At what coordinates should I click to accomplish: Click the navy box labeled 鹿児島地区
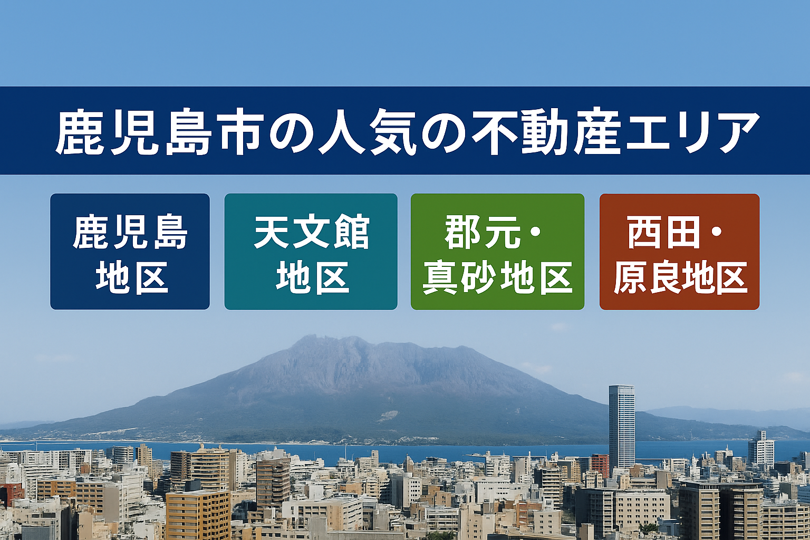coord(130,252)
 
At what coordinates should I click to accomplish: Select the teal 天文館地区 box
coord(311,252)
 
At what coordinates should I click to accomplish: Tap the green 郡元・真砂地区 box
coord(498,252)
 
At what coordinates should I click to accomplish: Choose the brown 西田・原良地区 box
coord(679,252)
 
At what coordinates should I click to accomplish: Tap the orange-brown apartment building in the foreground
coord(198,515)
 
